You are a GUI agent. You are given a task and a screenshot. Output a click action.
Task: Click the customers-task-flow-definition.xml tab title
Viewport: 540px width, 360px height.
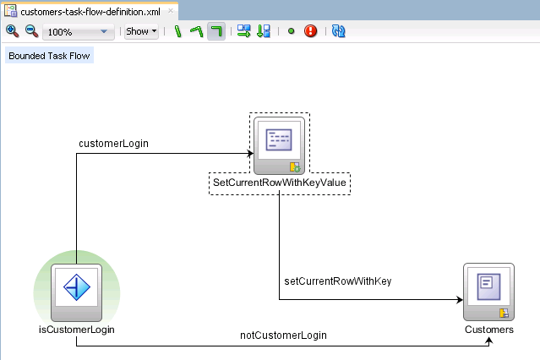[x=89, y=12]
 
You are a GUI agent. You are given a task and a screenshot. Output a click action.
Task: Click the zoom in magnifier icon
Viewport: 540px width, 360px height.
[x=12, y=31]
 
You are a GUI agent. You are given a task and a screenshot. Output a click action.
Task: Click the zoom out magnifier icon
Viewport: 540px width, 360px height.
[x=30, y=31]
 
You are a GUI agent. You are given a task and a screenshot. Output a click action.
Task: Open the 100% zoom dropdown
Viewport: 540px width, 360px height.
[x=104, y=32]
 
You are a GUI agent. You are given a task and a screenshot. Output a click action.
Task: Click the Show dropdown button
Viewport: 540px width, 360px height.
[x=141, y=32]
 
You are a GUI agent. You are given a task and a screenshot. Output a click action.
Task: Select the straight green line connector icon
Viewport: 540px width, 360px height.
[x=178, y=32]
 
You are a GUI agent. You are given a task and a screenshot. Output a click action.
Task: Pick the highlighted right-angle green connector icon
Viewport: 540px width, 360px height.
[x=216, y=32]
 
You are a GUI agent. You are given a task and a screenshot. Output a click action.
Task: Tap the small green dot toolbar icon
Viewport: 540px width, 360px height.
[x=291, y=32]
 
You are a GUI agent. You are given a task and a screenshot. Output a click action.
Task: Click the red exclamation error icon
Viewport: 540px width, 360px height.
[x=310, y=32]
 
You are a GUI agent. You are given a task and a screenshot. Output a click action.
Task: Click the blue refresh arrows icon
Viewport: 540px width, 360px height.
[x=338, y=32]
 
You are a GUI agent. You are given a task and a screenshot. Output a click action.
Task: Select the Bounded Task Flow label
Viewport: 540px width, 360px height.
[x=49, y=56]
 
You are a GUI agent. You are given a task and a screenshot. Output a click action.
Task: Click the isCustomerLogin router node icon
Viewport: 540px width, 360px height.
[x=77, y=289]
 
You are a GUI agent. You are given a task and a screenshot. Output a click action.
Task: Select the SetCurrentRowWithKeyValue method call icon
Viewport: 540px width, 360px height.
[x=279, y=144]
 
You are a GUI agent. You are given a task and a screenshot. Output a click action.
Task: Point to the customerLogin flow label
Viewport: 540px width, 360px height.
[x=113, y=144]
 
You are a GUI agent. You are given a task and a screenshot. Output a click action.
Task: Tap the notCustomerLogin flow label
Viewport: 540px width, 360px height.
[x=283, y=335]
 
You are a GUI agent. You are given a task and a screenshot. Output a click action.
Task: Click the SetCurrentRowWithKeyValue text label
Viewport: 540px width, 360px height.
[x=279, y=183]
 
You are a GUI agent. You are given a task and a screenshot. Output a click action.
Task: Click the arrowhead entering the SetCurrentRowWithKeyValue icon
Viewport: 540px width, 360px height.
[x=249, y=153]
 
